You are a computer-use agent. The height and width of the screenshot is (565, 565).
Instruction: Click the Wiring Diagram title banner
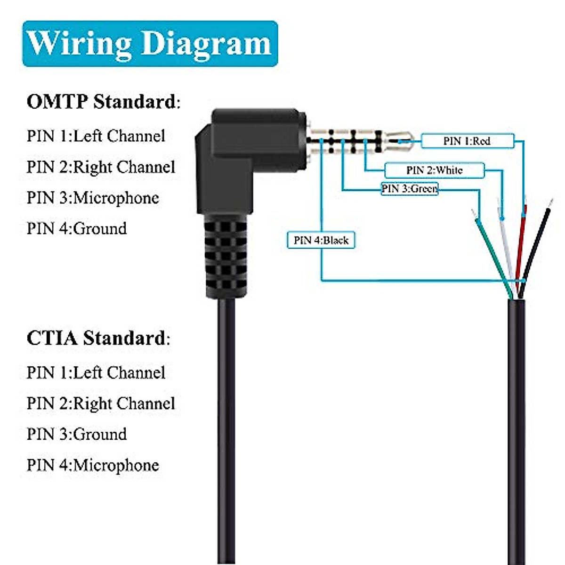tap(150, 43)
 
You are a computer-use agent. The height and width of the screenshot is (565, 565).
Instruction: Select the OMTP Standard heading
tap(103, 101)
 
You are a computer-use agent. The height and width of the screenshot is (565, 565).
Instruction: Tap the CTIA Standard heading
tap(98, 338)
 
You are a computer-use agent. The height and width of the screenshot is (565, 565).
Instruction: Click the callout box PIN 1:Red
tap(467, 141)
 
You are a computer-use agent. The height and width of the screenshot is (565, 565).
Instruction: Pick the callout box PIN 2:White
tap(434, 170)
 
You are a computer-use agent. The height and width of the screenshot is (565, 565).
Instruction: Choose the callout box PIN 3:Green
tap(409, 189)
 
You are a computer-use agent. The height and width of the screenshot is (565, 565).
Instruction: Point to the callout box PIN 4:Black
tap(321, 240)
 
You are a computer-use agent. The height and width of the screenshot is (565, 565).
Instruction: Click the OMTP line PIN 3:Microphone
tap(93, 198)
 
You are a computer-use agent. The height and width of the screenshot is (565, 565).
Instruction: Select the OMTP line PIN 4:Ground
tap(77, 228)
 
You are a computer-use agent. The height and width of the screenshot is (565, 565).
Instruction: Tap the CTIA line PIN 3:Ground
tap(77, 434)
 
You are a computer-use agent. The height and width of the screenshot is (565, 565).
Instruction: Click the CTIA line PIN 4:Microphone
tap(93, 465)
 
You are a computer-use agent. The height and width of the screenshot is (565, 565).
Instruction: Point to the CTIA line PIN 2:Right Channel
tap(101, 404)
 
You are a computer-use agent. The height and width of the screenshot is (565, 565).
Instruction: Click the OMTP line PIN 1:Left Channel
tap(96, 136)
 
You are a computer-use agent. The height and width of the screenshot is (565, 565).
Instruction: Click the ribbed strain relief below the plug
tap(226, 257)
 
